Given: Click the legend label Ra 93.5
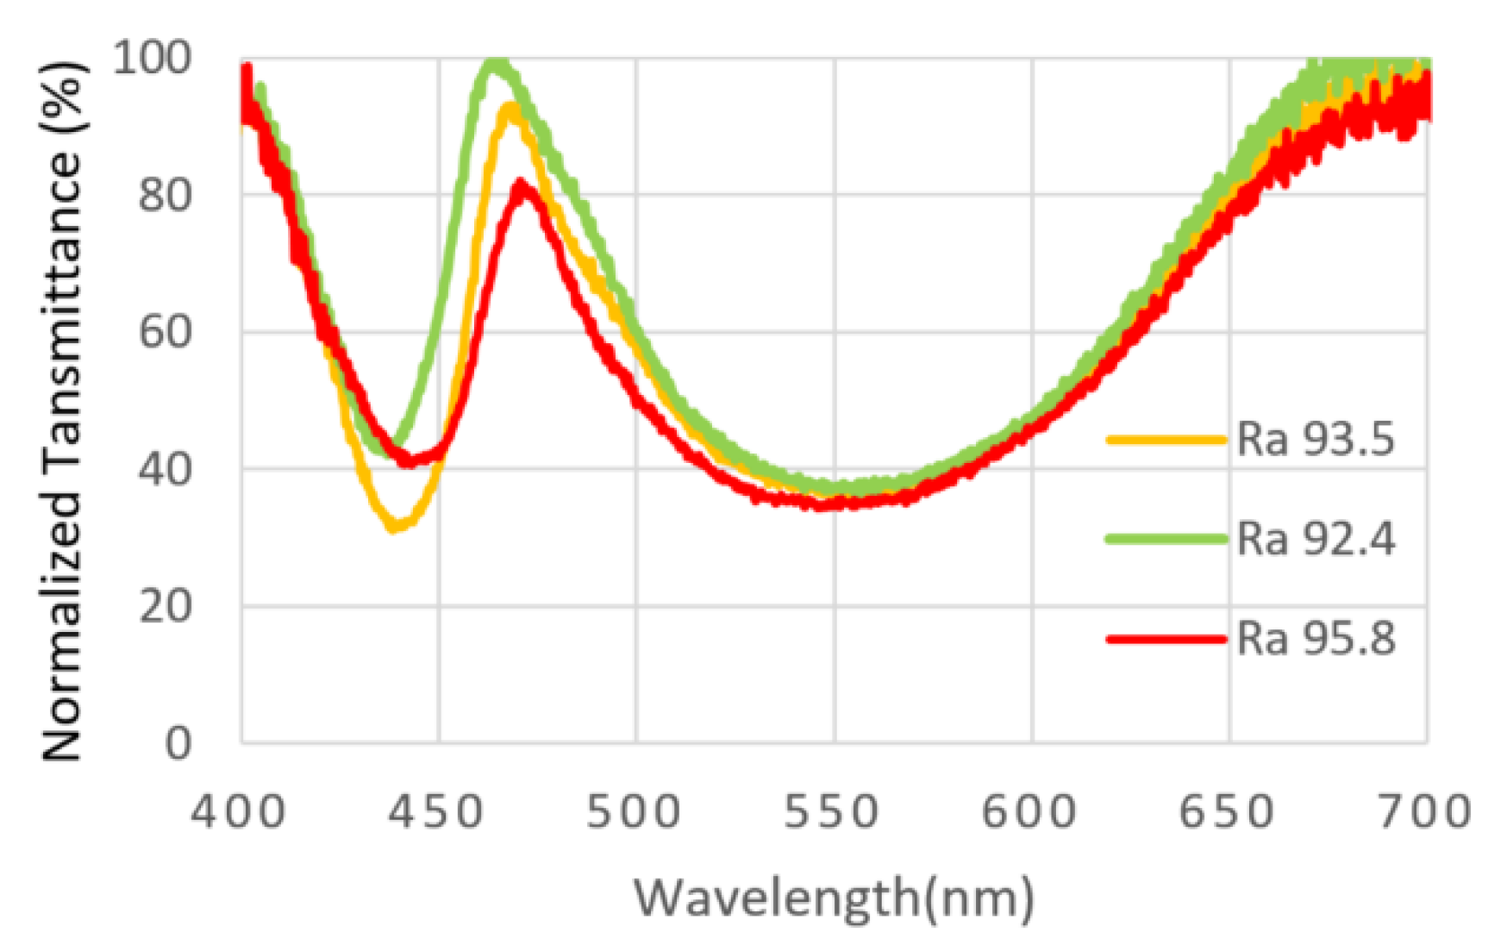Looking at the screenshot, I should pyautogui.click(x=1314, y=439).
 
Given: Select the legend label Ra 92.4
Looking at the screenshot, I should pyautogui.click(x=1314, y=539).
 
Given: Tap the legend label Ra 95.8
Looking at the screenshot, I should pyautogui.click(x=1314, y=639).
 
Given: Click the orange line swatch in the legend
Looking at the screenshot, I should pyautogui.click(x=1166, y=440).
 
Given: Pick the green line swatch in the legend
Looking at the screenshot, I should pyautogui.click(x=1166, y=540).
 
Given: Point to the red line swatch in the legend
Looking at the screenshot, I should pyautogui.click(x=1166, y=640).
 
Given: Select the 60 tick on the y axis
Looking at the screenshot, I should pyautogui.click(x=166, y=332).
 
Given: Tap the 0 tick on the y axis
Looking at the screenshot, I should pyautogui.click(x=178, y=742).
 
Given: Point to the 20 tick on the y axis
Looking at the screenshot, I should pyautogui.click(x=166, y=606).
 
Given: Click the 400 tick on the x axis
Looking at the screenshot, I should pyautogui.click(x=239, y=813).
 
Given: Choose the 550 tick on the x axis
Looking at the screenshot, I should pyautogui.click(x=832, y=813).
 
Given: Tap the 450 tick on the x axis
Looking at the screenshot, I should pyautogui.click(x=436, y=813).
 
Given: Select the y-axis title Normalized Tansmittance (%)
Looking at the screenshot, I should pyautogui.click(x=62, y=411).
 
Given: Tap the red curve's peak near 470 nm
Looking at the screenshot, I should pyautogui.click(x=521, y=185).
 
